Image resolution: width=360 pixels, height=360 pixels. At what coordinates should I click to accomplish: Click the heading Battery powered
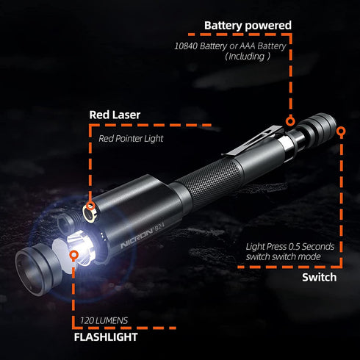click(x=248, y=26)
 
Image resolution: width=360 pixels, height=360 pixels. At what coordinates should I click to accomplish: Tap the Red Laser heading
click(x=115, y=115)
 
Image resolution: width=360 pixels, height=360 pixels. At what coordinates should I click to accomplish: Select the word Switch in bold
click(x=319, y=277)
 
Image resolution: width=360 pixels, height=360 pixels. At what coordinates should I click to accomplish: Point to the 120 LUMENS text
click(x=103, y=320)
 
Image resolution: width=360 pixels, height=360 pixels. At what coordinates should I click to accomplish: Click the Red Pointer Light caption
click(x=131, y=137)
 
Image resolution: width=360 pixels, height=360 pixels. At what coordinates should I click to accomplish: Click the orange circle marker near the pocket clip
click(x=290, y=119)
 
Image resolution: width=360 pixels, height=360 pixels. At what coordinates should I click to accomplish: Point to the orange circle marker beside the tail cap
click(x=340, y=129)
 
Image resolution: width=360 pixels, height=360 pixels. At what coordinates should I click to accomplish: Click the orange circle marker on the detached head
click(x=73, y=254)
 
